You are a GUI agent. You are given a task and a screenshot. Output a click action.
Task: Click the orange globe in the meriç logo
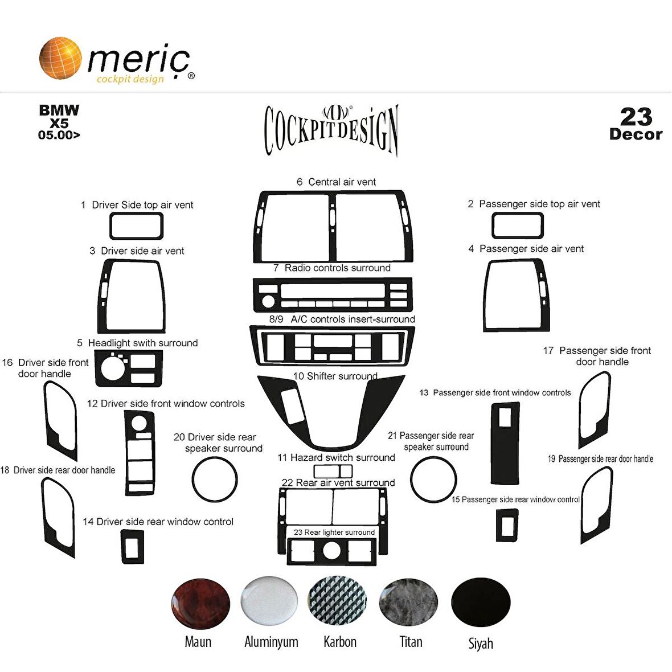pyautogui.click(x=60, y=58)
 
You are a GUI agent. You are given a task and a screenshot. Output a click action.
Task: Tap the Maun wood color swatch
pyautogui.click(x=200, y=604)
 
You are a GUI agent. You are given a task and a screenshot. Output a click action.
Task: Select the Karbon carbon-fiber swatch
pyautogui.click(x=337, y=601)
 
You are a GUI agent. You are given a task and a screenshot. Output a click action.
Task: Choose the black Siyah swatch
pyautogui.click(x=481, y=602)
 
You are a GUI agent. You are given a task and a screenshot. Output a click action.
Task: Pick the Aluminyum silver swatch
pyautogui.click(x=269, y=601)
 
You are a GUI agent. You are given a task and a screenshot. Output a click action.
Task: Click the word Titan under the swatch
pyautogui.click(x=411, y=642)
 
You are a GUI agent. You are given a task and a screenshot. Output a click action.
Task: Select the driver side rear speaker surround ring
pyautogui.click(x=214, y=458)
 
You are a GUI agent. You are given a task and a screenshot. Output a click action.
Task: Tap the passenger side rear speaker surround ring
pyautogui.click(x=433, y=458)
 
